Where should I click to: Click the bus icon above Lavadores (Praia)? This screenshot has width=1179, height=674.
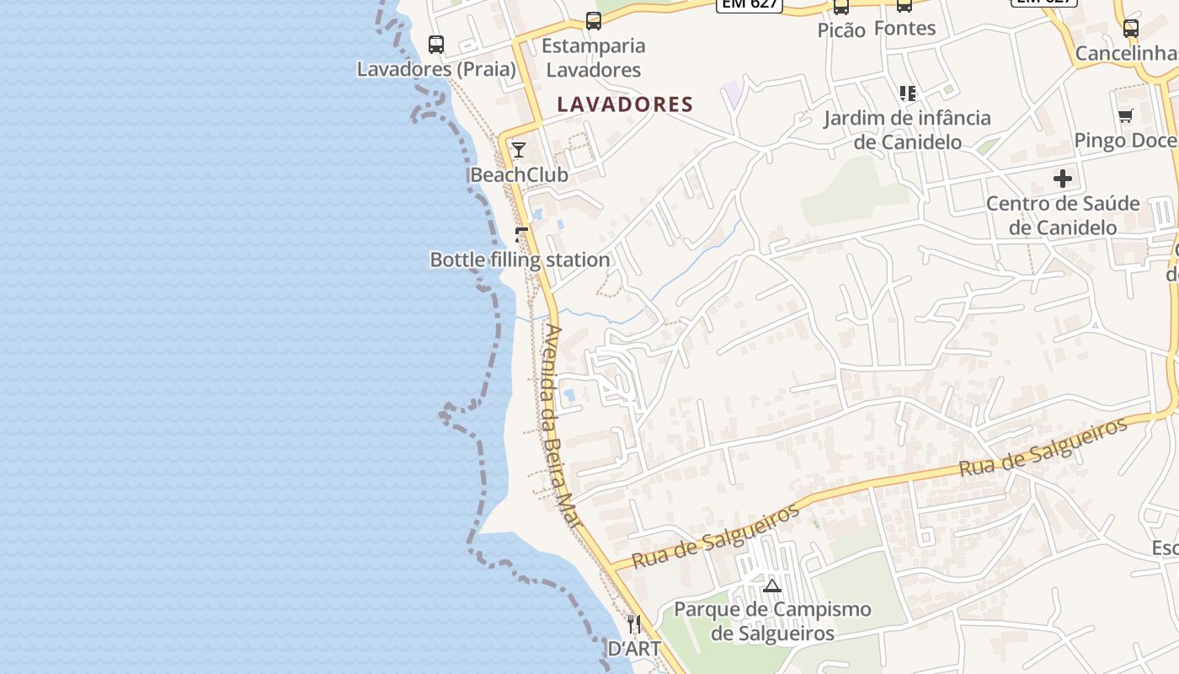[436, 44]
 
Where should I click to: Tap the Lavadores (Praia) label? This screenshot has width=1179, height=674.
[436, 69]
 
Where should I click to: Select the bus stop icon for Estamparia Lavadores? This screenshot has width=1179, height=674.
[594, 21]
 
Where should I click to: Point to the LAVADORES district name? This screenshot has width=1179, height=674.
[625, 104]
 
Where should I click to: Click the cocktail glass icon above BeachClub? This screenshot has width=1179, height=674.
[519, 150]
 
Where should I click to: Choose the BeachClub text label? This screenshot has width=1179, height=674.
[519, 175]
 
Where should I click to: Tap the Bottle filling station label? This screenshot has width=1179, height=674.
[520, 259]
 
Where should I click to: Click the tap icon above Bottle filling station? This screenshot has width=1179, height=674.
[521, 234]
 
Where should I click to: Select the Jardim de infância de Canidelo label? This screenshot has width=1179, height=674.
[907, 130]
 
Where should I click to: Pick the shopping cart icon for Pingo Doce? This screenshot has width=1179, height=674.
[1125, 115]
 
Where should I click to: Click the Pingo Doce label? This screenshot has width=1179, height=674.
[1125, 141]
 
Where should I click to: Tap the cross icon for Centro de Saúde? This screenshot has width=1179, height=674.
[1063, 179]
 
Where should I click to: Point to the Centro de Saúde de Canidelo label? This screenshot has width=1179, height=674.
[1063, 216]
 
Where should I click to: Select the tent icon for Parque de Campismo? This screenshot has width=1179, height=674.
[772, 586]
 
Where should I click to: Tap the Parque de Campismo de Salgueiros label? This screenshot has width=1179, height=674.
[772, 621]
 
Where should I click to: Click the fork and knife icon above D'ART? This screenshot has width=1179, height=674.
[634, 624]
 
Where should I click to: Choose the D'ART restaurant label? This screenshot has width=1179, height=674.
[634, 649]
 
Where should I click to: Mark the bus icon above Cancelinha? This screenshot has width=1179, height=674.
[1131, 29]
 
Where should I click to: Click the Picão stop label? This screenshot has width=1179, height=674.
[841, 30]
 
